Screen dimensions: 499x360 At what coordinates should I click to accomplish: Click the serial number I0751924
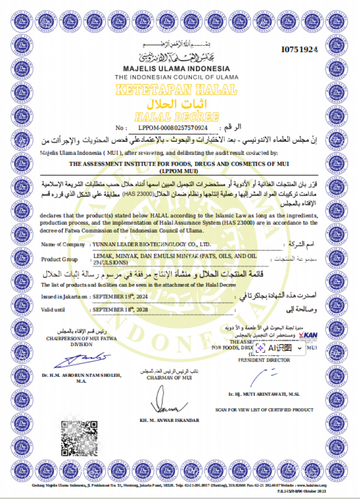coord(300,50)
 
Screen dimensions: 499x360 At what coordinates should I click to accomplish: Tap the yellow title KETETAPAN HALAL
coord(177,90)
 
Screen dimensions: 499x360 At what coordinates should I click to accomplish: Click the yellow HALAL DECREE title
coord(176,116)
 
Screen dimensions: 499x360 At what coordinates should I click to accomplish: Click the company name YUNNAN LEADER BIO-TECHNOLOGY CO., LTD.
coord(152,244)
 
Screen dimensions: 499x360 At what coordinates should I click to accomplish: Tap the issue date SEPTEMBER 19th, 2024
coord(120,296)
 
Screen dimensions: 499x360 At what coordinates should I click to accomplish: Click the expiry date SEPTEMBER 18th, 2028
coord(120,309)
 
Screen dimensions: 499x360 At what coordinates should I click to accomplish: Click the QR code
coord(79,438)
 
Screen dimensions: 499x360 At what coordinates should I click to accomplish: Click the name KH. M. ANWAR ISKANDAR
coord(169,420)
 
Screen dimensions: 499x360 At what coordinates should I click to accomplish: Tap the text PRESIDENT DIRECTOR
coord(264,360)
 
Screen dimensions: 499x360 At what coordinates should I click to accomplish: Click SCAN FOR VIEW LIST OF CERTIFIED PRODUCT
coord(264,410)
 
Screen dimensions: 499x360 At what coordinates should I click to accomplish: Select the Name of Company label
coord(63,244)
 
